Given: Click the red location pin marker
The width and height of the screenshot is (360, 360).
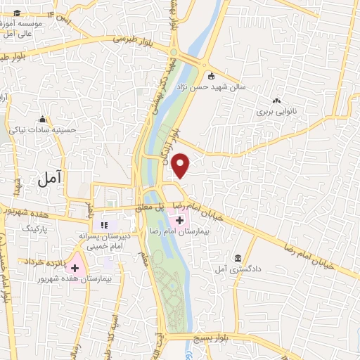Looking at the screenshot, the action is (x=181, y=166).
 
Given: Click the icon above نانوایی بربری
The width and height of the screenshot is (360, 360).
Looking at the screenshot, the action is (x=276, y=102).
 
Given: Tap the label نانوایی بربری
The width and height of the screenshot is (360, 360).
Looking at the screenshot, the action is (x=276, y=112).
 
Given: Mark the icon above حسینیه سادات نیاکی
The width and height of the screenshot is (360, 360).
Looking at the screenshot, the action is (x=42, y=119).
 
